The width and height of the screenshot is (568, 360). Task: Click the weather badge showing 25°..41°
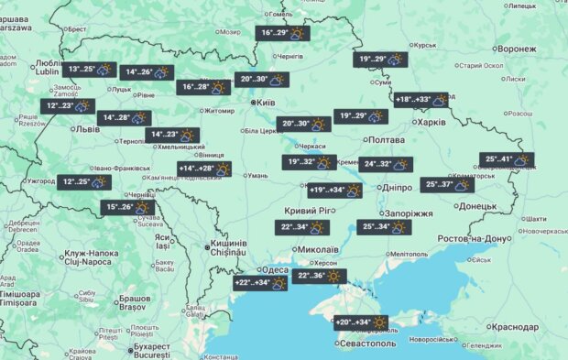point(507,159)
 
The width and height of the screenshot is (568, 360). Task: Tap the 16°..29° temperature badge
point(282,34)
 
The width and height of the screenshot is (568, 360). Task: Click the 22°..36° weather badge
point(319,275)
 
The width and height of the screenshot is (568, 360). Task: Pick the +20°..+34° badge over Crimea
point(360,322)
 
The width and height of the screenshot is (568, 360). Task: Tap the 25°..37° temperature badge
point(448,184)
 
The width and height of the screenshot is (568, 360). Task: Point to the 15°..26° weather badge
point(127,208)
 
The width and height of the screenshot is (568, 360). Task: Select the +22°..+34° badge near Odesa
point(262,283)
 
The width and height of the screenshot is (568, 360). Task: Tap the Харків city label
point(431,122)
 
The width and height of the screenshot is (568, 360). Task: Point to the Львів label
point(88,129)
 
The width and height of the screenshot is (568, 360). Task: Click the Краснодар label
point(514,326)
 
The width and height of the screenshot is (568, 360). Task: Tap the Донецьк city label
point(477,206)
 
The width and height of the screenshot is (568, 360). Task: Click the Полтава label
point(385,139)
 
